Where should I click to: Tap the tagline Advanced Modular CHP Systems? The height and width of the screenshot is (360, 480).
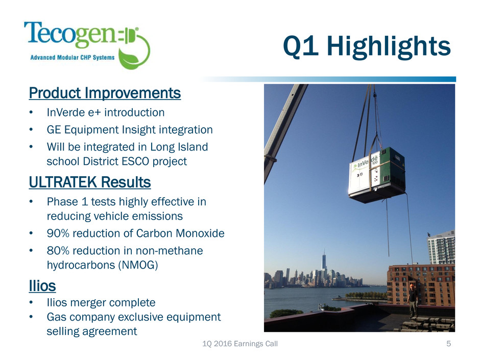tap(73, 57)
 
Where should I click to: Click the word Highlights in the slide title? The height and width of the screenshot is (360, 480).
tap(389, 46)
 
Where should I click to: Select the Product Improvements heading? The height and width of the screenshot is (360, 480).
tap(105, 93)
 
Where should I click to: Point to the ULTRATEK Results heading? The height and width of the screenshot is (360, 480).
tap(90, 182)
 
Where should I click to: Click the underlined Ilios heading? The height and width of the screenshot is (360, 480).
tap(42, 285)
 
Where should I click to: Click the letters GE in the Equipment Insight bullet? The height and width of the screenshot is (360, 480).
tap(54, 130)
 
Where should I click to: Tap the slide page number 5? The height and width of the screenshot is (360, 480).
tap(448, 344)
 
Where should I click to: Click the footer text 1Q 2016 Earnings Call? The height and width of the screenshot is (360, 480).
tap(240, 344)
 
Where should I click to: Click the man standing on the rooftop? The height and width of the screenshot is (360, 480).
tap(413, 300)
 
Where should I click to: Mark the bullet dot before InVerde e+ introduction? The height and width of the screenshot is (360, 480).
tap(31, 113)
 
